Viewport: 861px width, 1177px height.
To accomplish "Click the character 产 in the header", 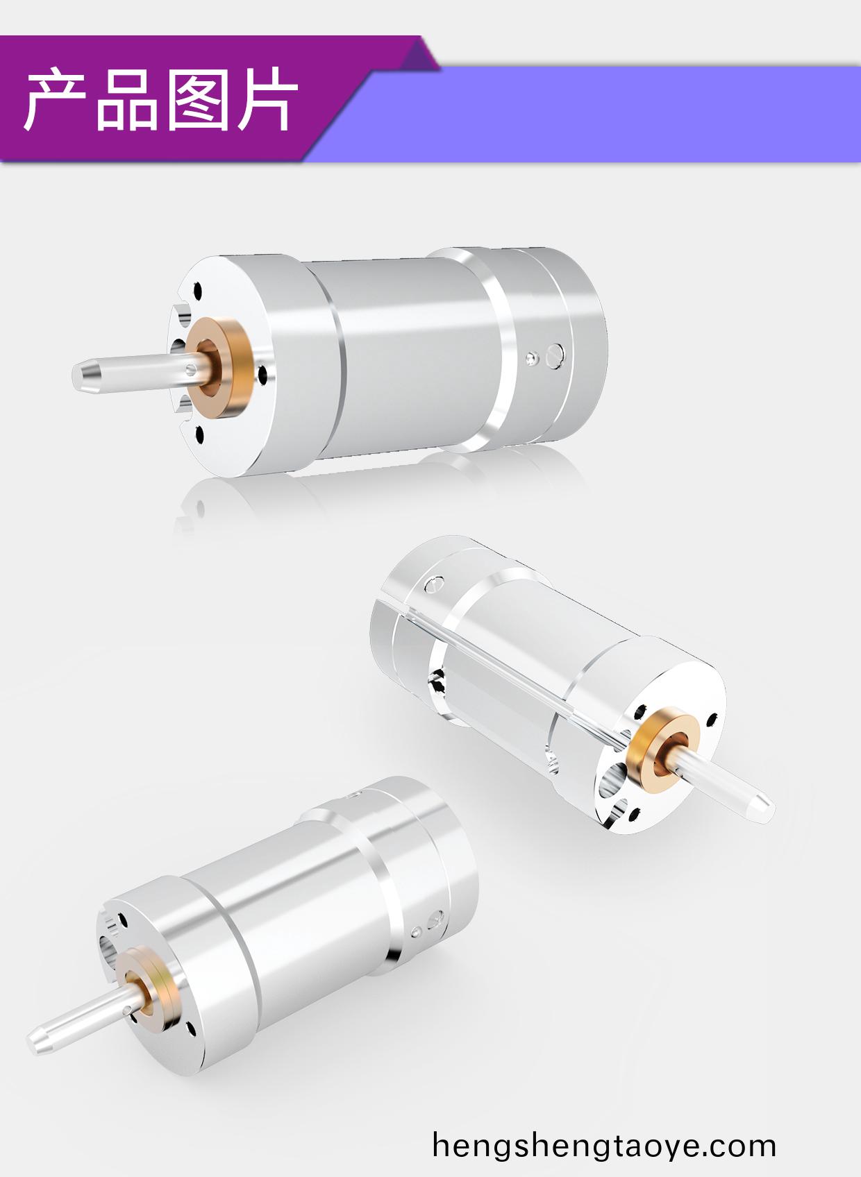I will tap(54, 101).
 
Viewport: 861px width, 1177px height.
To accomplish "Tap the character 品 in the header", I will tap(126, 101).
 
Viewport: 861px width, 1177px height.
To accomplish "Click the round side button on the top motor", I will tap(554, 355).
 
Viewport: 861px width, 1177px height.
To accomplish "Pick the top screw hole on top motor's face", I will tap(199, 288).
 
